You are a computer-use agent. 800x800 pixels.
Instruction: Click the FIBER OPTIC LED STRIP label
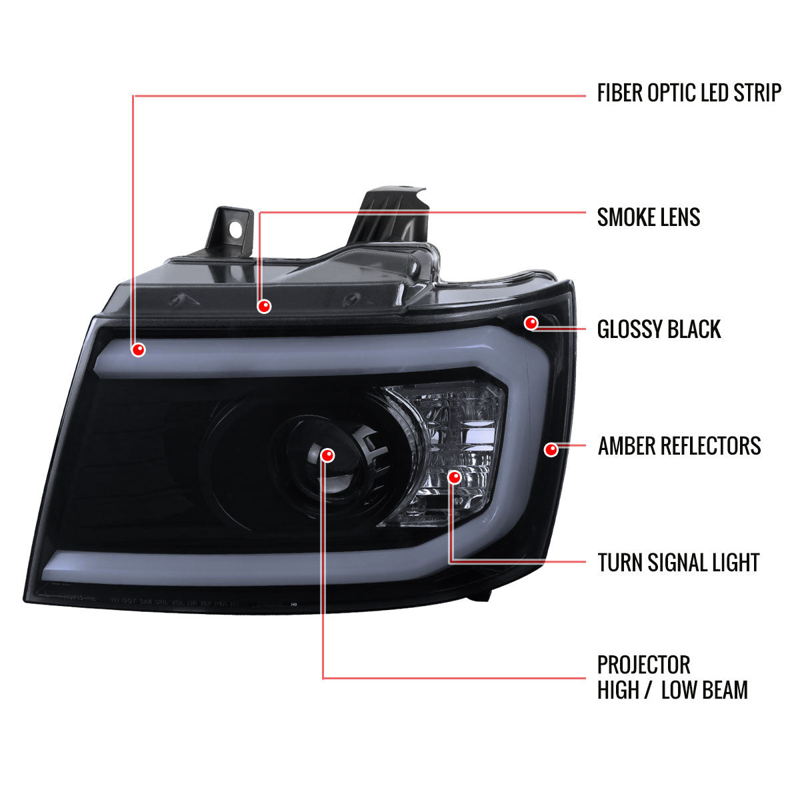click(x=688, y=93)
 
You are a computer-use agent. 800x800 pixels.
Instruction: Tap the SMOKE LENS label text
click(x=648, y=217)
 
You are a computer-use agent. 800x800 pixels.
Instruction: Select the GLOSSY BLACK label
click(x=659, y=329)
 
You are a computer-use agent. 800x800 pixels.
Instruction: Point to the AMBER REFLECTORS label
click(x=679, y=445)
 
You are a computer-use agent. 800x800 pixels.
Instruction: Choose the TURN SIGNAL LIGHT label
click(x=678, y=563)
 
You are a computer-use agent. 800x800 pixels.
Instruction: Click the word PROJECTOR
click(x=643, y=665)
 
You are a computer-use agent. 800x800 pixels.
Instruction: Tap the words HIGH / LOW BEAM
click(x=672, y=690)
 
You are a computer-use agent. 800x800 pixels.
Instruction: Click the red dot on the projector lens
click(x=327, y=455)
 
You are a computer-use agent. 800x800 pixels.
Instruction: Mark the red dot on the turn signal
click(x=455, y=477)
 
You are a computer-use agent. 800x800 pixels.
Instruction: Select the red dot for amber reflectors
click(x=551, y=449)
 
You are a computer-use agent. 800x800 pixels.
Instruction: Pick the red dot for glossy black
click(x=531, y=323)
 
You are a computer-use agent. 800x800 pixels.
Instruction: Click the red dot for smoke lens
click(x=265, y=306)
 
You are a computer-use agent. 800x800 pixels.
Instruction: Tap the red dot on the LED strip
click(x=139, y=349)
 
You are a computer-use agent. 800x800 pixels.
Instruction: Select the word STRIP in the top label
click(x=757, y=93)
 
